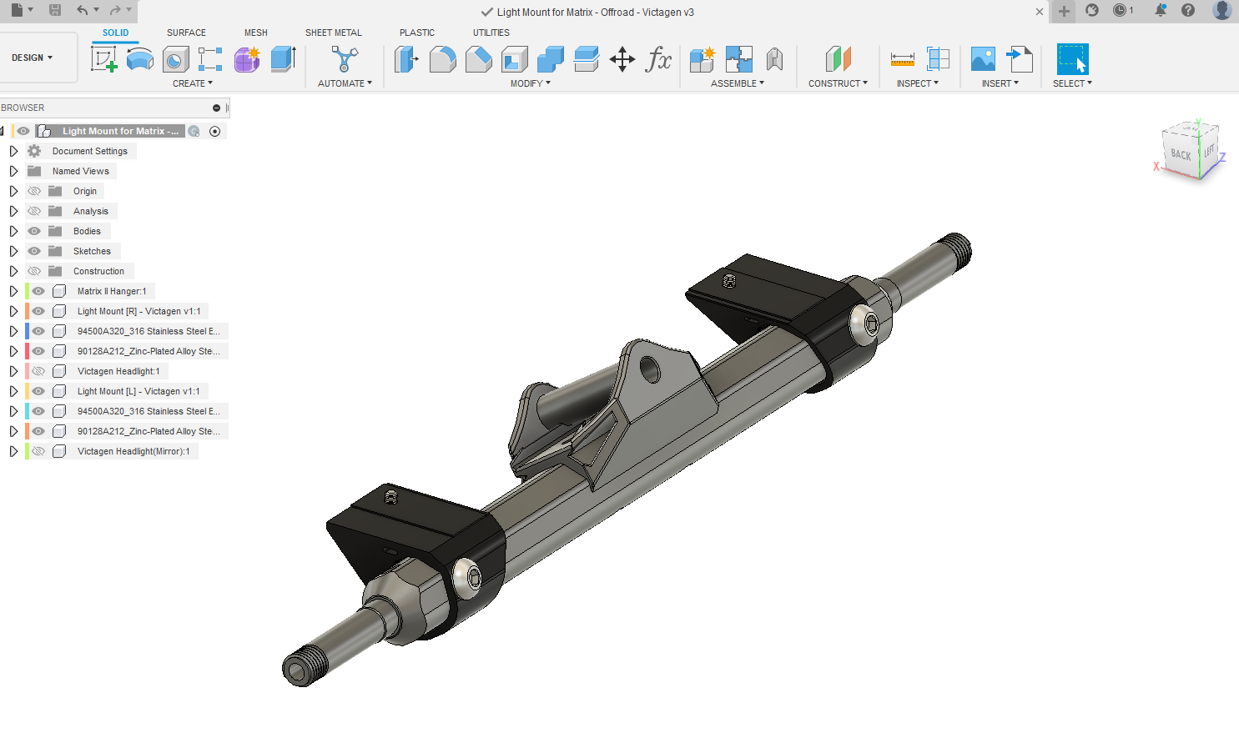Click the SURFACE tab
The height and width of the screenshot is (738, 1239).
click(x=186, y=33)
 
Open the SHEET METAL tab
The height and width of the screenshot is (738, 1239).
click(x=334, y=33)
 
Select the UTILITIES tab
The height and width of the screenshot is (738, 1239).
click(x=491, y=33)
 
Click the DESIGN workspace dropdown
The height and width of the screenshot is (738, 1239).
click(x=32, y=58)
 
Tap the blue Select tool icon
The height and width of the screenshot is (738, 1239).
click(x=1072, y=58)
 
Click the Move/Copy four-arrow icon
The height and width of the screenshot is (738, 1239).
click(x=622, y=59)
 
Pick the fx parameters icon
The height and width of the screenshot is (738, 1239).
click(x=658, y=59)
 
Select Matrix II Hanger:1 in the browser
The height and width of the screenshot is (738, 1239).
click(x=112, y=291)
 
